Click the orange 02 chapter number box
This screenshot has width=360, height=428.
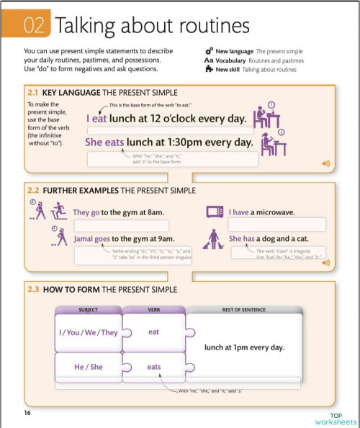click(35, 26)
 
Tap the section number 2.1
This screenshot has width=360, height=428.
click(35, 93)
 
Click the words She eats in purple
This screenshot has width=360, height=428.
click(104, 142)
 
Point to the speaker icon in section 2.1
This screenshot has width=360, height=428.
click(325, 164)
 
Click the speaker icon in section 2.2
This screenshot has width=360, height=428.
click(325, 263)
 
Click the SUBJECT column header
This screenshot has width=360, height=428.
click(88, 309)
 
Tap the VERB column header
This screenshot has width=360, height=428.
click(153, 309)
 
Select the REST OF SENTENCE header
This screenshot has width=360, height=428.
click(244, 309)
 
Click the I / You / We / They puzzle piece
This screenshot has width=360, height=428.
click(88, 332)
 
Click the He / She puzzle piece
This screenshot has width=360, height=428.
click(88, 366)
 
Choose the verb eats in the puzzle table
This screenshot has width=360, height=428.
click(154, 366)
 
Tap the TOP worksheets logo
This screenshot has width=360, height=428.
click(336, 419)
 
